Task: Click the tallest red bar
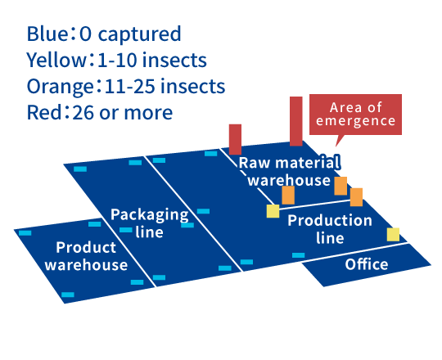click(296, 121)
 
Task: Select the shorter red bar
click(235, 139)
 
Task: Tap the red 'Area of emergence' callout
click(355, 115)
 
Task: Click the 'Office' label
click(367, 264)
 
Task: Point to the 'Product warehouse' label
click(86, 256)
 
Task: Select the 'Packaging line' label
click(150, 223)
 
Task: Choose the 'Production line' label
click(330, 229)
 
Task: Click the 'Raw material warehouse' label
click(289, 171)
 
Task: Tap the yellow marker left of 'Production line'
click(273, 211)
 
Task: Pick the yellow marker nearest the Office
click(393, 234)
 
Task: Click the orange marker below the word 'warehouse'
click(288, 195)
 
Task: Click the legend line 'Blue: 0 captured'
click(104, 34)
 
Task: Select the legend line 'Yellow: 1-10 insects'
click(117, 60)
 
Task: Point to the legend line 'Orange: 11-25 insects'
click(126, 86)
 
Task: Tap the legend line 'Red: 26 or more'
click(100, 112)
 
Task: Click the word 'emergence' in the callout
click(356, 121)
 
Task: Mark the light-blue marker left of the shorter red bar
click(211, 154)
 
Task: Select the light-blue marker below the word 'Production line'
click(298, 255)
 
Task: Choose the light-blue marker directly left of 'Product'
click(25, 233)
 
